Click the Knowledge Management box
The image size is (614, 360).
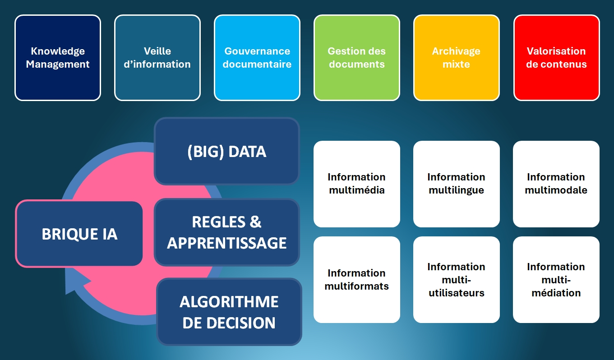(x=58, y=58)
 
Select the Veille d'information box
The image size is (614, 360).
(x=157, y=58)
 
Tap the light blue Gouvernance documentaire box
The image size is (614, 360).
(x=257, y=58)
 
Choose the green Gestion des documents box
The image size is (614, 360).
(x=357, y=58)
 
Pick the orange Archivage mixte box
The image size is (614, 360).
(x=457, y=58)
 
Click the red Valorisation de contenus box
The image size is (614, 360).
(x=557, y=58)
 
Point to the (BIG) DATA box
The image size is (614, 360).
(x=227, y=152)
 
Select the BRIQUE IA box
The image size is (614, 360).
(x=79, y=234)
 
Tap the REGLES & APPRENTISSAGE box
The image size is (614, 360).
(x=227, y=232)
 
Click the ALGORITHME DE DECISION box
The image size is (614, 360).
(x=229, y=312)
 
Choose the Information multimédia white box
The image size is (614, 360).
(x=357, y=184)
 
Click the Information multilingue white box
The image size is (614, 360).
(x=457, y=184)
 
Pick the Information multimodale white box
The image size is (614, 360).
(x=556, y=184)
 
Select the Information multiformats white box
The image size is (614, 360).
(x=357, y=280)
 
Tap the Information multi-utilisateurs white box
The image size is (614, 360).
(x=457, y=280)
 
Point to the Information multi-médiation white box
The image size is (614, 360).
(x=556, y=280)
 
